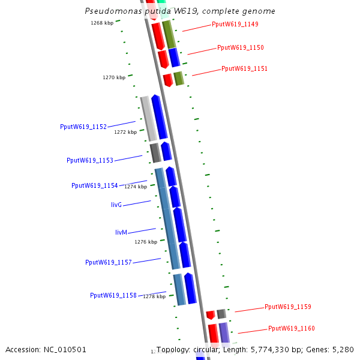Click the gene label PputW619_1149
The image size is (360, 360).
pos(235,25)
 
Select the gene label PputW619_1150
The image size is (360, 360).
pos(241,47)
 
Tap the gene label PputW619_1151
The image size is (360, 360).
pos(244,68)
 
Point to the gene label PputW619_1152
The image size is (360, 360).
pos(83,127)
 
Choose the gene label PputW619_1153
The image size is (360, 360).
pos(90,160)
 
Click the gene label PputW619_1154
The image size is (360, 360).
pos(95,185)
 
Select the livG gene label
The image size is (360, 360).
pos(116,205)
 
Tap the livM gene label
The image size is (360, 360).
pos(121,232)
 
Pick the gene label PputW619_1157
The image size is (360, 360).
pos(109,262)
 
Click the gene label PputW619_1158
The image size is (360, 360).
pos(113,295)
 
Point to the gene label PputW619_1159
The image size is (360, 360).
pos(288,307)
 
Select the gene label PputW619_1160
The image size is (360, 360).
pos(292,328)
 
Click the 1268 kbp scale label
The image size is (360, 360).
pos(102,23)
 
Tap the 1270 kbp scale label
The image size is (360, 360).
pos(114,77)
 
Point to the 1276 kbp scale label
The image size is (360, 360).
pos(146,242)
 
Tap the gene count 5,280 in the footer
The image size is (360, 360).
pos(342,349)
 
